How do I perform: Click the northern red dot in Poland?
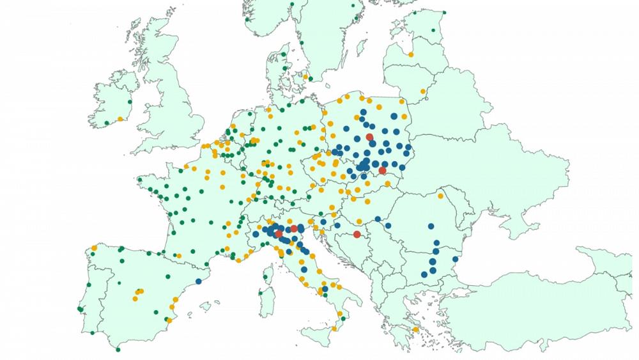click(369, 137)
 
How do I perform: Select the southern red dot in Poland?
click(382, 171)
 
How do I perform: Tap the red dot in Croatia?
click(357, 235)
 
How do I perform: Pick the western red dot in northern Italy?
click(279, 234)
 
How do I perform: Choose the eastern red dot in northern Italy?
click(294, 228)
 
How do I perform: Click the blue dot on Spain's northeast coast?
click(199, 281)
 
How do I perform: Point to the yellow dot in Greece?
click(416, 330)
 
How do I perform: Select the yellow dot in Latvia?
click(411, 55)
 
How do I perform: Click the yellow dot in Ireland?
click(119, 119)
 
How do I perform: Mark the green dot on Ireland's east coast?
click(130, 102)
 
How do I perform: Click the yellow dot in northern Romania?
click(440, 196)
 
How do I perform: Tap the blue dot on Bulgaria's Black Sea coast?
click(455, 259)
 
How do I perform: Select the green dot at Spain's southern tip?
click(118, 349)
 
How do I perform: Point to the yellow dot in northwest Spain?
click(94, 247)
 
